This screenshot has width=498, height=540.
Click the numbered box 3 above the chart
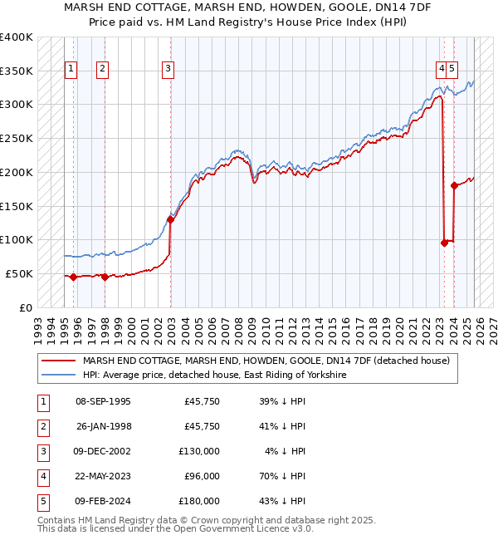(168, 69)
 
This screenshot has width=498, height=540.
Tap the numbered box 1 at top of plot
(71, 69)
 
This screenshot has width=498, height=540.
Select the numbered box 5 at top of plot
(453, 69)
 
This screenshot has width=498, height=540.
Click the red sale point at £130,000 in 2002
(170, 219)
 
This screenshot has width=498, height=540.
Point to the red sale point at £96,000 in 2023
(444, 243)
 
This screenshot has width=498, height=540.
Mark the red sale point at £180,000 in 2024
(454, 185)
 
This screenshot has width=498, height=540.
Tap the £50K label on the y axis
(19, 273)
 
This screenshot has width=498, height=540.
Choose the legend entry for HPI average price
(214, 375)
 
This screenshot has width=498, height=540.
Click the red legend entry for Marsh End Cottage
(266, 361)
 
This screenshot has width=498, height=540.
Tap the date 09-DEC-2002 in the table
(103, 451)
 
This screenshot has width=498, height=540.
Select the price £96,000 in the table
(202, 476)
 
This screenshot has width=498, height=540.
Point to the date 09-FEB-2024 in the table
(103, 501)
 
